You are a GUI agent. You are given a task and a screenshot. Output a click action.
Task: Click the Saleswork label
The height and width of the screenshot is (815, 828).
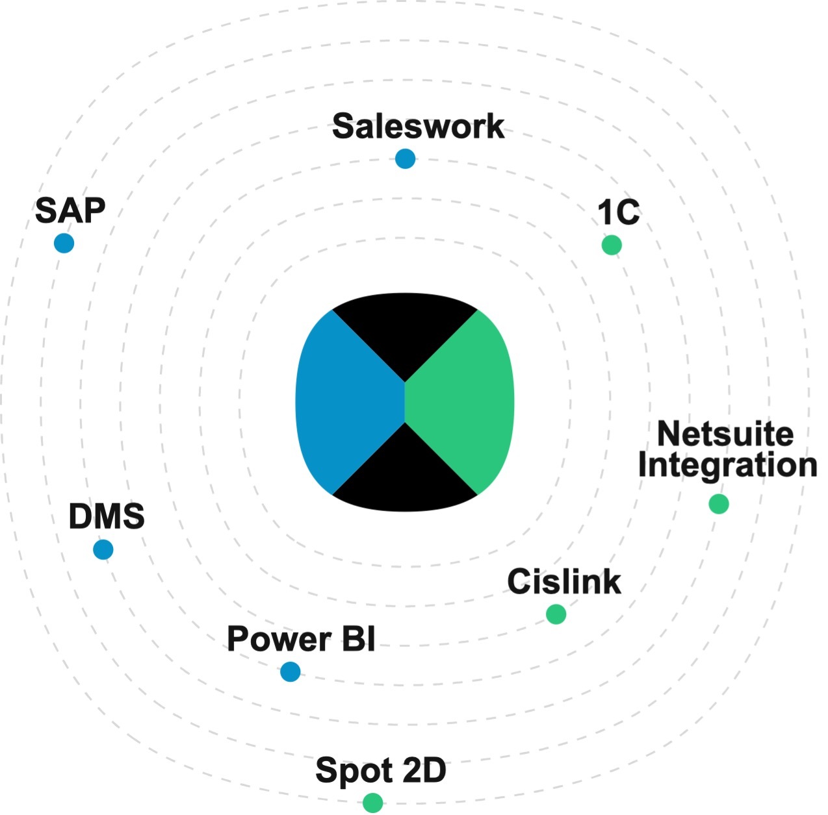pyautogui.click(x=418, y=126)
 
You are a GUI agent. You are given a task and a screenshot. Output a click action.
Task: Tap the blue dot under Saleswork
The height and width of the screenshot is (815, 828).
pyautogui.click(x=405, y=158)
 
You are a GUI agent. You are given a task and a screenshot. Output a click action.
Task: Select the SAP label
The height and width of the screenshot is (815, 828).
pyautogui.click(x=70, y=210)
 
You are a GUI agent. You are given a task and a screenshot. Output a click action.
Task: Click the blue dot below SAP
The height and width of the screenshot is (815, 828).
pyautogui.click(x=64, y=244)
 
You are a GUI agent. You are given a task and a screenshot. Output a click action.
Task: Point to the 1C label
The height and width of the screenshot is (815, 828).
pyautogui.click(x=619, y=212)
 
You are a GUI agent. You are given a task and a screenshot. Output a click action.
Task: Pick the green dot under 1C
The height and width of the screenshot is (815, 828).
pyautogui.click(x=612, y=245)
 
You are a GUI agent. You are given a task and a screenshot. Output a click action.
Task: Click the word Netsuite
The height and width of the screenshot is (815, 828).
pyautogui.click(x=725, y=433)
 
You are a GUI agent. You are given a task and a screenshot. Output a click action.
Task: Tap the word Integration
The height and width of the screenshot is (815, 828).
pyautogui.click(x=727, y=465)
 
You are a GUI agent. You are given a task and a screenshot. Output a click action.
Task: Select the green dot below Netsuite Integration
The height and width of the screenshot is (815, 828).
pyautogui.click(x=718, y=503)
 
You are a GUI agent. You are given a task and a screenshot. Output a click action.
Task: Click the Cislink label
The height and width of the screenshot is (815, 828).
pyautogui.click(x=564, y=581)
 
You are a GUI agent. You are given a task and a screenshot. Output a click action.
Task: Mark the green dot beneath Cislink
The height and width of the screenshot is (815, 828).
pyautogui.click(x=556, y=614)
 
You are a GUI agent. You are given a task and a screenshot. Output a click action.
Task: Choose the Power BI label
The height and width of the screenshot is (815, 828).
pyautogui.click(x=301, y=639)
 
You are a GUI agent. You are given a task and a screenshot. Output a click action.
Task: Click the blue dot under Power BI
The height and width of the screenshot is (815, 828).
pyautogui.click(x=290, y=671)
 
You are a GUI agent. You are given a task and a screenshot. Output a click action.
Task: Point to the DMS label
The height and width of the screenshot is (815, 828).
pyautogui.click(x=107, y=517)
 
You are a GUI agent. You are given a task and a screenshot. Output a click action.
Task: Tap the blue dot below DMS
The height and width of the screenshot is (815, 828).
pyautogui.click(x=103, y=549)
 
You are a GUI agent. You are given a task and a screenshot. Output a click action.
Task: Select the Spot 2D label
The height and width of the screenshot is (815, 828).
pyautogui.click(x=381, y=771)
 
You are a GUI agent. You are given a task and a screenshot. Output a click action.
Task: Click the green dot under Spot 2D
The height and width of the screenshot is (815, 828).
pyautogui.click(x=372, y=803)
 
